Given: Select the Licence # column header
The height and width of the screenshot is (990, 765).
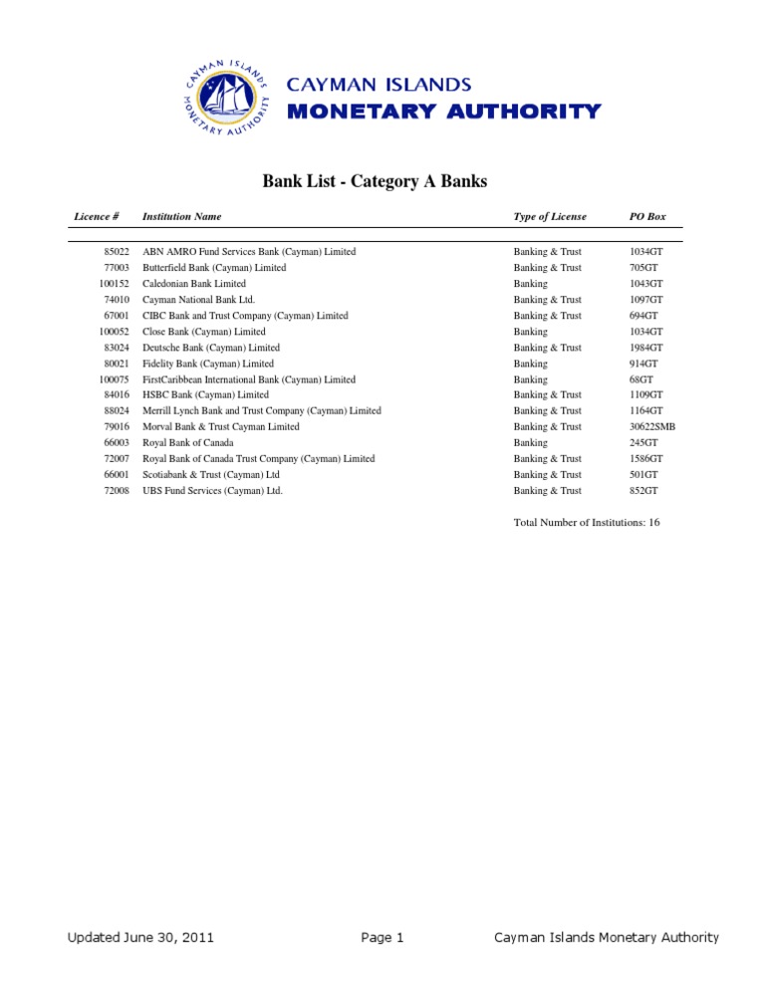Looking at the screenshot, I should (97, 216).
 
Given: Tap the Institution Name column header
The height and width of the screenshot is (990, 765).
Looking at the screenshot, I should (182, 216).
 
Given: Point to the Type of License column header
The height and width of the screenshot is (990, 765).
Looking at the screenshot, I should (550, 216).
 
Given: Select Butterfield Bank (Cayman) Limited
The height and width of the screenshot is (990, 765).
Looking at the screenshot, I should (214, 268).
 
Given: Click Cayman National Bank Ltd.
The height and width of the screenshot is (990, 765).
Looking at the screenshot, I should (199, 300).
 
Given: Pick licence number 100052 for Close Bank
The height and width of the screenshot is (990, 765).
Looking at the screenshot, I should (115, 332).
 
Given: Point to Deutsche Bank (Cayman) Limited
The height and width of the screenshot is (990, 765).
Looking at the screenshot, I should (211, 348).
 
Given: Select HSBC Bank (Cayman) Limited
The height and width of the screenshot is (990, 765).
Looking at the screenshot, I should (206, 394).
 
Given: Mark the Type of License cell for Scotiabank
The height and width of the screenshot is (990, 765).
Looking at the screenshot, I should (547, 474).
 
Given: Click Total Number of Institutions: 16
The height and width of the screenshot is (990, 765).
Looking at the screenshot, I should (587, 522).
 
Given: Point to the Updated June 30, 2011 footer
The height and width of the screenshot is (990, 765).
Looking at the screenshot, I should (140, 937).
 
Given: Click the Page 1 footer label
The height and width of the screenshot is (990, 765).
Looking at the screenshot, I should (382, 937).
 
